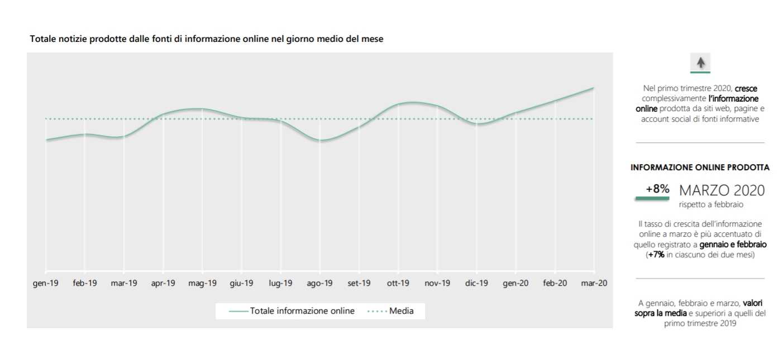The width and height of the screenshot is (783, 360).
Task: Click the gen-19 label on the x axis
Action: (46, 283)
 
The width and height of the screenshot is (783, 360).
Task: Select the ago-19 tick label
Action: (320, 283)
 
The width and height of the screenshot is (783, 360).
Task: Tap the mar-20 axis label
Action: (594, 283)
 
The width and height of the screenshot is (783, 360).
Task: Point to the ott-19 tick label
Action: (398, 283)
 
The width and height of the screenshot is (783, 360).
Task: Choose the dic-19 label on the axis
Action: (476, 283)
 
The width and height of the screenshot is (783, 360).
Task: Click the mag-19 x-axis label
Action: (202, 283)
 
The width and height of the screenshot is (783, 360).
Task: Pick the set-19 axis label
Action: (359, 283)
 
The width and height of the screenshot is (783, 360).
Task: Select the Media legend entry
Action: (401, 311)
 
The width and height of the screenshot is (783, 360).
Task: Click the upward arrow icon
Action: (700, 63)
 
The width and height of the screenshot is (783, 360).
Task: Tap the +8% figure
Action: (657, 189)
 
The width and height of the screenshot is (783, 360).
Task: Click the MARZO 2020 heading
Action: (722, 190)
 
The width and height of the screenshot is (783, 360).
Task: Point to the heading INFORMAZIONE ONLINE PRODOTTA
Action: (700, 167)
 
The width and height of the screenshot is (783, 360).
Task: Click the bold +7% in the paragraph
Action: (656, 255)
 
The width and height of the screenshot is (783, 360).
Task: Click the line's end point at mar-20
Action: (593, 88)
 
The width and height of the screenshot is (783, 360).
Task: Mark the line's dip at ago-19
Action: (320, 141)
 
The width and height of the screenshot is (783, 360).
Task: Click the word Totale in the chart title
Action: (42, 40)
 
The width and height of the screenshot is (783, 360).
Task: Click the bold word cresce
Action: (746, 88)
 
